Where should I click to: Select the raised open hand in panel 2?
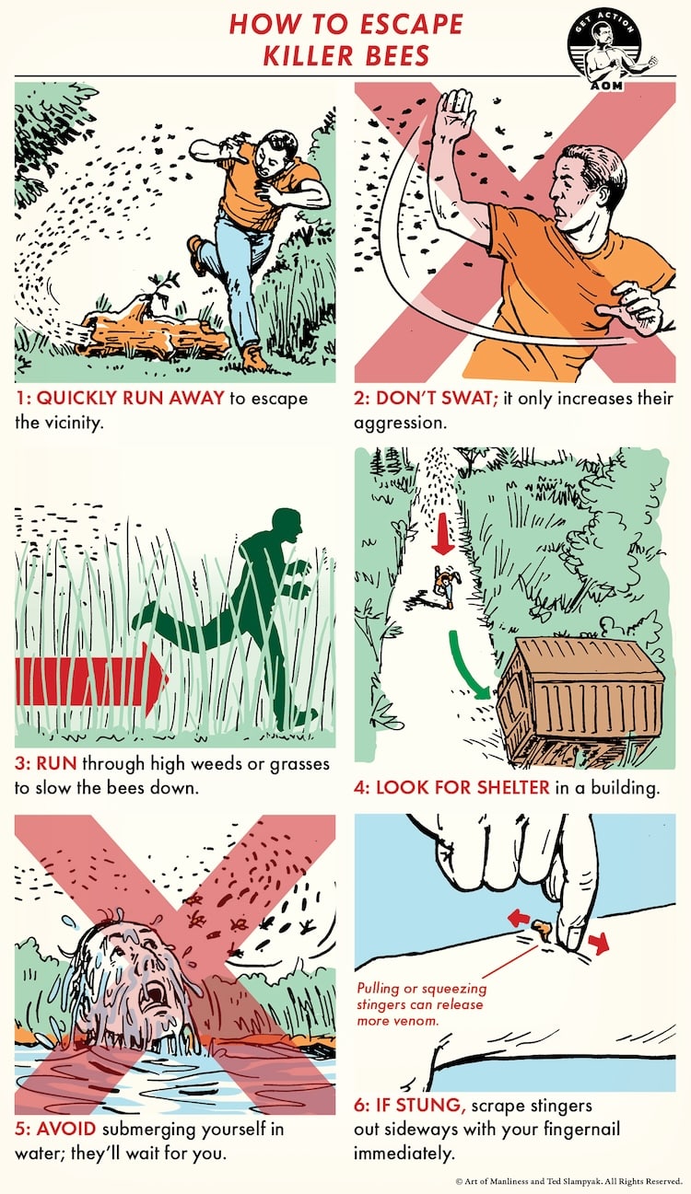(453, 117)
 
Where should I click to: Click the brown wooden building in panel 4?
(580, 700)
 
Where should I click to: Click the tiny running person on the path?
(444, 582)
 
